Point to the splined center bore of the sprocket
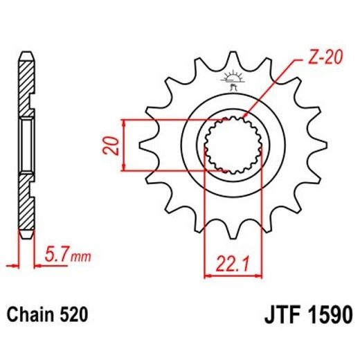pos(233,145)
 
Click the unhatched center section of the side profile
pos(26,145)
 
